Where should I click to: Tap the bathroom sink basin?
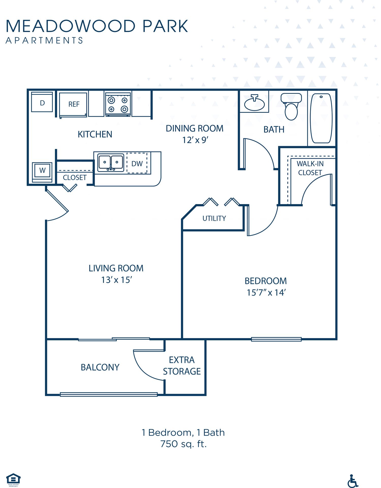pyautogui.click(x=254, y=104)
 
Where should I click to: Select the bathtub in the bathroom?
pyautogui.click(x=321, y=118)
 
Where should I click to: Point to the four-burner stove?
pyautogui.click(x=118, y=104)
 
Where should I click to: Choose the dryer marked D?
pyautogui.click(x=42, y=102)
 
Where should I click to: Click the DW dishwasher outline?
pyautogui.click(x=137, y=163)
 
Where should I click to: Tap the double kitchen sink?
pyautogui.click(x=111, y=162)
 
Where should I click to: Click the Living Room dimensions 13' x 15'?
pyautogui.click(x=116, y=280)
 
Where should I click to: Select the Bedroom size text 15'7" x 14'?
pyautogui.click(x=266, y=293)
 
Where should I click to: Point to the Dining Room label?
pyautogui.click(x=194, y=129)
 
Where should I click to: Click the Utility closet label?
pyautogui.click(x=214, y=218)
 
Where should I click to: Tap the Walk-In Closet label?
pyautogui.click(x=310, y=168)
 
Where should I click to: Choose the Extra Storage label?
pyautogui.click(x=182, y=365)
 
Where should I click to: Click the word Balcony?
pyautogui.click(x=100, y=367)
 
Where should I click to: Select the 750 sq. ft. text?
pyautogui.click(x=183, y=444)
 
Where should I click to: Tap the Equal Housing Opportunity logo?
pyautogui.click(x=13, y=479)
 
